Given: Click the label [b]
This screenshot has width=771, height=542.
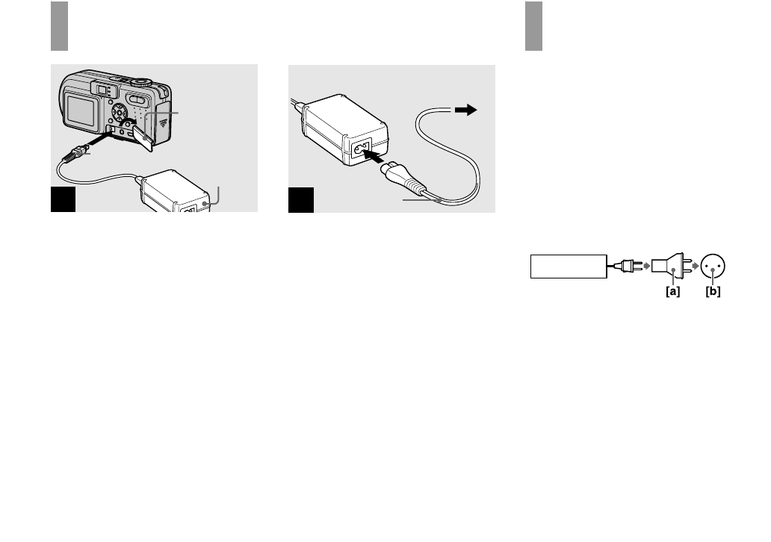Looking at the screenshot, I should point(713,291).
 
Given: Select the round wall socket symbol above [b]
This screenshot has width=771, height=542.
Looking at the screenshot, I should point(714,265).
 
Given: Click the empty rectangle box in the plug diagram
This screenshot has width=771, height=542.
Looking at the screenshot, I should point(569,266).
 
